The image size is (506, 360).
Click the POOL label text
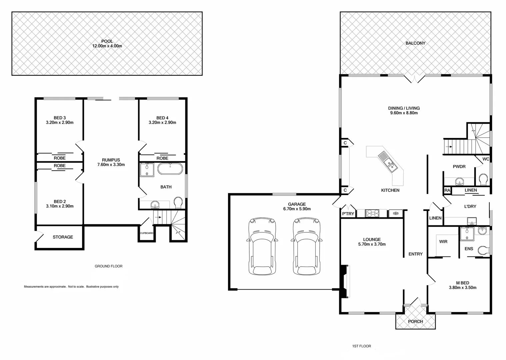[107, 41]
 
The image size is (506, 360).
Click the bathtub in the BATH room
[170, 169]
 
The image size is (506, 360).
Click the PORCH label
[415, 321]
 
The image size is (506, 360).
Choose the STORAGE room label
[63, 237]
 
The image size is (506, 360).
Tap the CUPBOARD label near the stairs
[147, 233]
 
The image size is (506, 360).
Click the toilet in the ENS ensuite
[483, 250]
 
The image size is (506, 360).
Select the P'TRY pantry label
[348, 214]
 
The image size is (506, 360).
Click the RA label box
[447, 190]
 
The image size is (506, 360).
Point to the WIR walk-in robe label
[443, 241]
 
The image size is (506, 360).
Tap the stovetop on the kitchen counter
[372, 213]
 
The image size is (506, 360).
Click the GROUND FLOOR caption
[109, 266]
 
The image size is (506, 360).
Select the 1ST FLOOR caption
[361, 346]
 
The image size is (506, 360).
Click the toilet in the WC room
[482, 180]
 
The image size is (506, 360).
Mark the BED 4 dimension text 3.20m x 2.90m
[162, 122]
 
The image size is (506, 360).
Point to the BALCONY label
[415, 43]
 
